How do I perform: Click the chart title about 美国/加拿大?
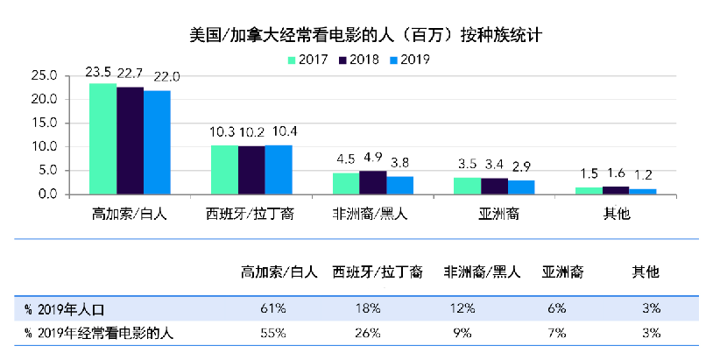pos(359,36)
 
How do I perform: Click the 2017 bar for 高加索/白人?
pos(103,138)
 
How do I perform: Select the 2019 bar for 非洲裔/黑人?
pos(399,185)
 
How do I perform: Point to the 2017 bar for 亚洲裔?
pos(467,186)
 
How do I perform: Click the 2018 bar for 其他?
pos(616,189)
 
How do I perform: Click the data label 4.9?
pos(372,159)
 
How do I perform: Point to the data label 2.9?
pos(521,165)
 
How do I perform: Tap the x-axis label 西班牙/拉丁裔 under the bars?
pos(251,214)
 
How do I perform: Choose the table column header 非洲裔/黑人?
pos(482,272)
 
